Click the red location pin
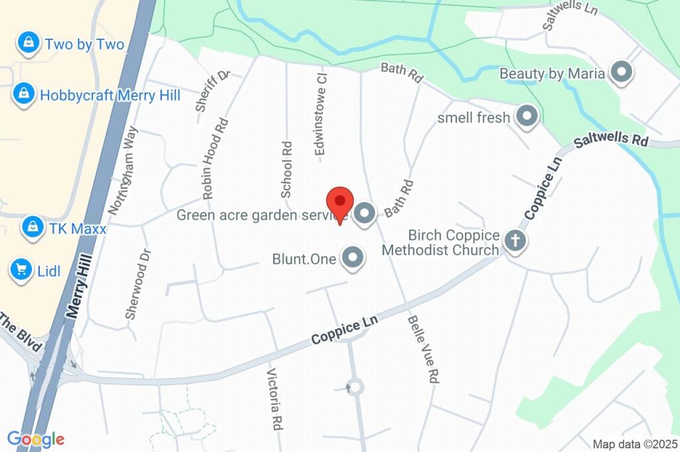[341, 203]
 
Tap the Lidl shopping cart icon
[22, 269]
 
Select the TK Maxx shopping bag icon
[32, 227]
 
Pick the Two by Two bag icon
[29, 43]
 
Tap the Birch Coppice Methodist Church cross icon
[515, 241]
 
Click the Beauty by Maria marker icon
[622, 72]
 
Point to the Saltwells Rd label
[610, 141]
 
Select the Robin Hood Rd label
[214, 160]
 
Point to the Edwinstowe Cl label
[321, 114]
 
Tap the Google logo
[35, 439]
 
